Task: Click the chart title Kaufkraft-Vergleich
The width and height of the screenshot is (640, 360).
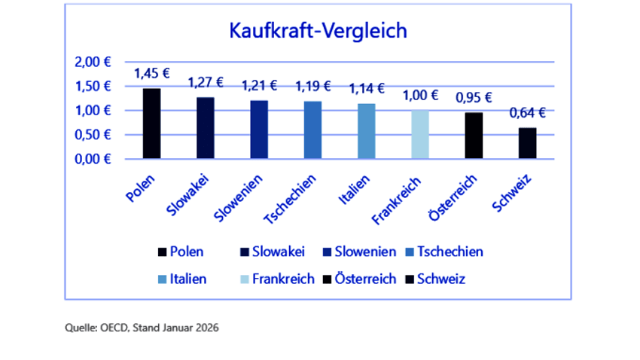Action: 318,32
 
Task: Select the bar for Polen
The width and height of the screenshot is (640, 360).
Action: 151,124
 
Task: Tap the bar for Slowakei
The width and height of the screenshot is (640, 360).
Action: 206,128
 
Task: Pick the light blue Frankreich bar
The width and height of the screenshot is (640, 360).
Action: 420,134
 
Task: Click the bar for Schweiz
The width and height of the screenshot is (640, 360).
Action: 527,143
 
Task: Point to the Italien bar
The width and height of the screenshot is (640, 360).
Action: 366,131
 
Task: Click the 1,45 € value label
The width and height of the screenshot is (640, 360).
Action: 151,74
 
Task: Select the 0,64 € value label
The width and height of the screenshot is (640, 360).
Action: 527,114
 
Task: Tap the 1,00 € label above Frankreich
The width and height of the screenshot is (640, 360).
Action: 420,96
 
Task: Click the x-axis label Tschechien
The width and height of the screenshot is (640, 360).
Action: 293,194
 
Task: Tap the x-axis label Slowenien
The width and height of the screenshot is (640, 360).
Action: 240,194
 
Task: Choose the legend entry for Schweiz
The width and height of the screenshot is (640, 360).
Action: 437,279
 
